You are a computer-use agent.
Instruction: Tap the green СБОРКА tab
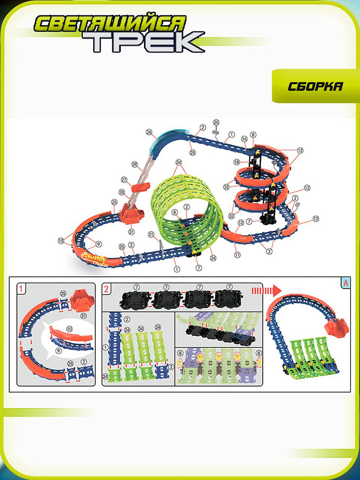coord(315,86)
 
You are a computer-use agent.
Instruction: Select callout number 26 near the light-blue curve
coord(149,132)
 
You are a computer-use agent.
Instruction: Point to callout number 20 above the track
coord(217,122)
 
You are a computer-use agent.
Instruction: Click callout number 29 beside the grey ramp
coord(135,165)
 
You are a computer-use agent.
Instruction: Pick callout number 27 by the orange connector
coord(124,180)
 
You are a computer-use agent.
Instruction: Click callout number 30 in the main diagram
coord(122,192)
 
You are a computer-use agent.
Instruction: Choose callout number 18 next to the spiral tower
coord(237,162)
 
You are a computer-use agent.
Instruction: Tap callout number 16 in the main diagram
coord(245,139)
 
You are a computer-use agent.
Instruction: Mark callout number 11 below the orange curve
coord(237,255)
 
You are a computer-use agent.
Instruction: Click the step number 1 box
coord(21,289)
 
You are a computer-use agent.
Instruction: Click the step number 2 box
coord(106,289)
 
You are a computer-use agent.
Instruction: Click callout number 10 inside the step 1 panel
coord(69,328)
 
